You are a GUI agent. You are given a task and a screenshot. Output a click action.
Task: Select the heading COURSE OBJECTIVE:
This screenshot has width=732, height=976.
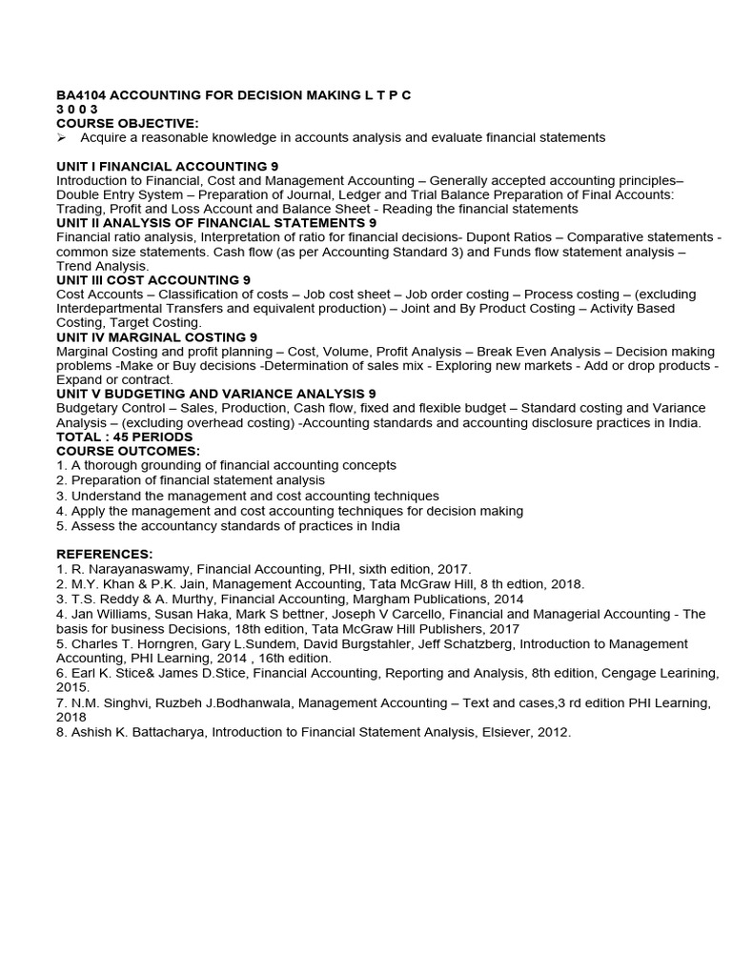coord(127,123)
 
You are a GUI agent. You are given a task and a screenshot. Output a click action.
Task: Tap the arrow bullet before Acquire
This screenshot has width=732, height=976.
coord(62,138)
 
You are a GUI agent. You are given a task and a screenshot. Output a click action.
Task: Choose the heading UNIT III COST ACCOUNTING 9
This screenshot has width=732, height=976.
coord(153,280)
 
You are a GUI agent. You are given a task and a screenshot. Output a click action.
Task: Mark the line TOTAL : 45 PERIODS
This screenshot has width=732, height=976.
coord(124,437)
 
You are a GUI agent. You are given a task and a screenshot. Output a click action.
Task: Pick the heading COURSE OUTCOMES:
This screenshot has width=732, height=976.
coord(128,451)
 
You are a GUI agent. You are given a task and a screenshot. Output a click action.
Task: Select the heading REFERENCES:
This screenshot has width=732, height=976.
coord(104,554)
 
